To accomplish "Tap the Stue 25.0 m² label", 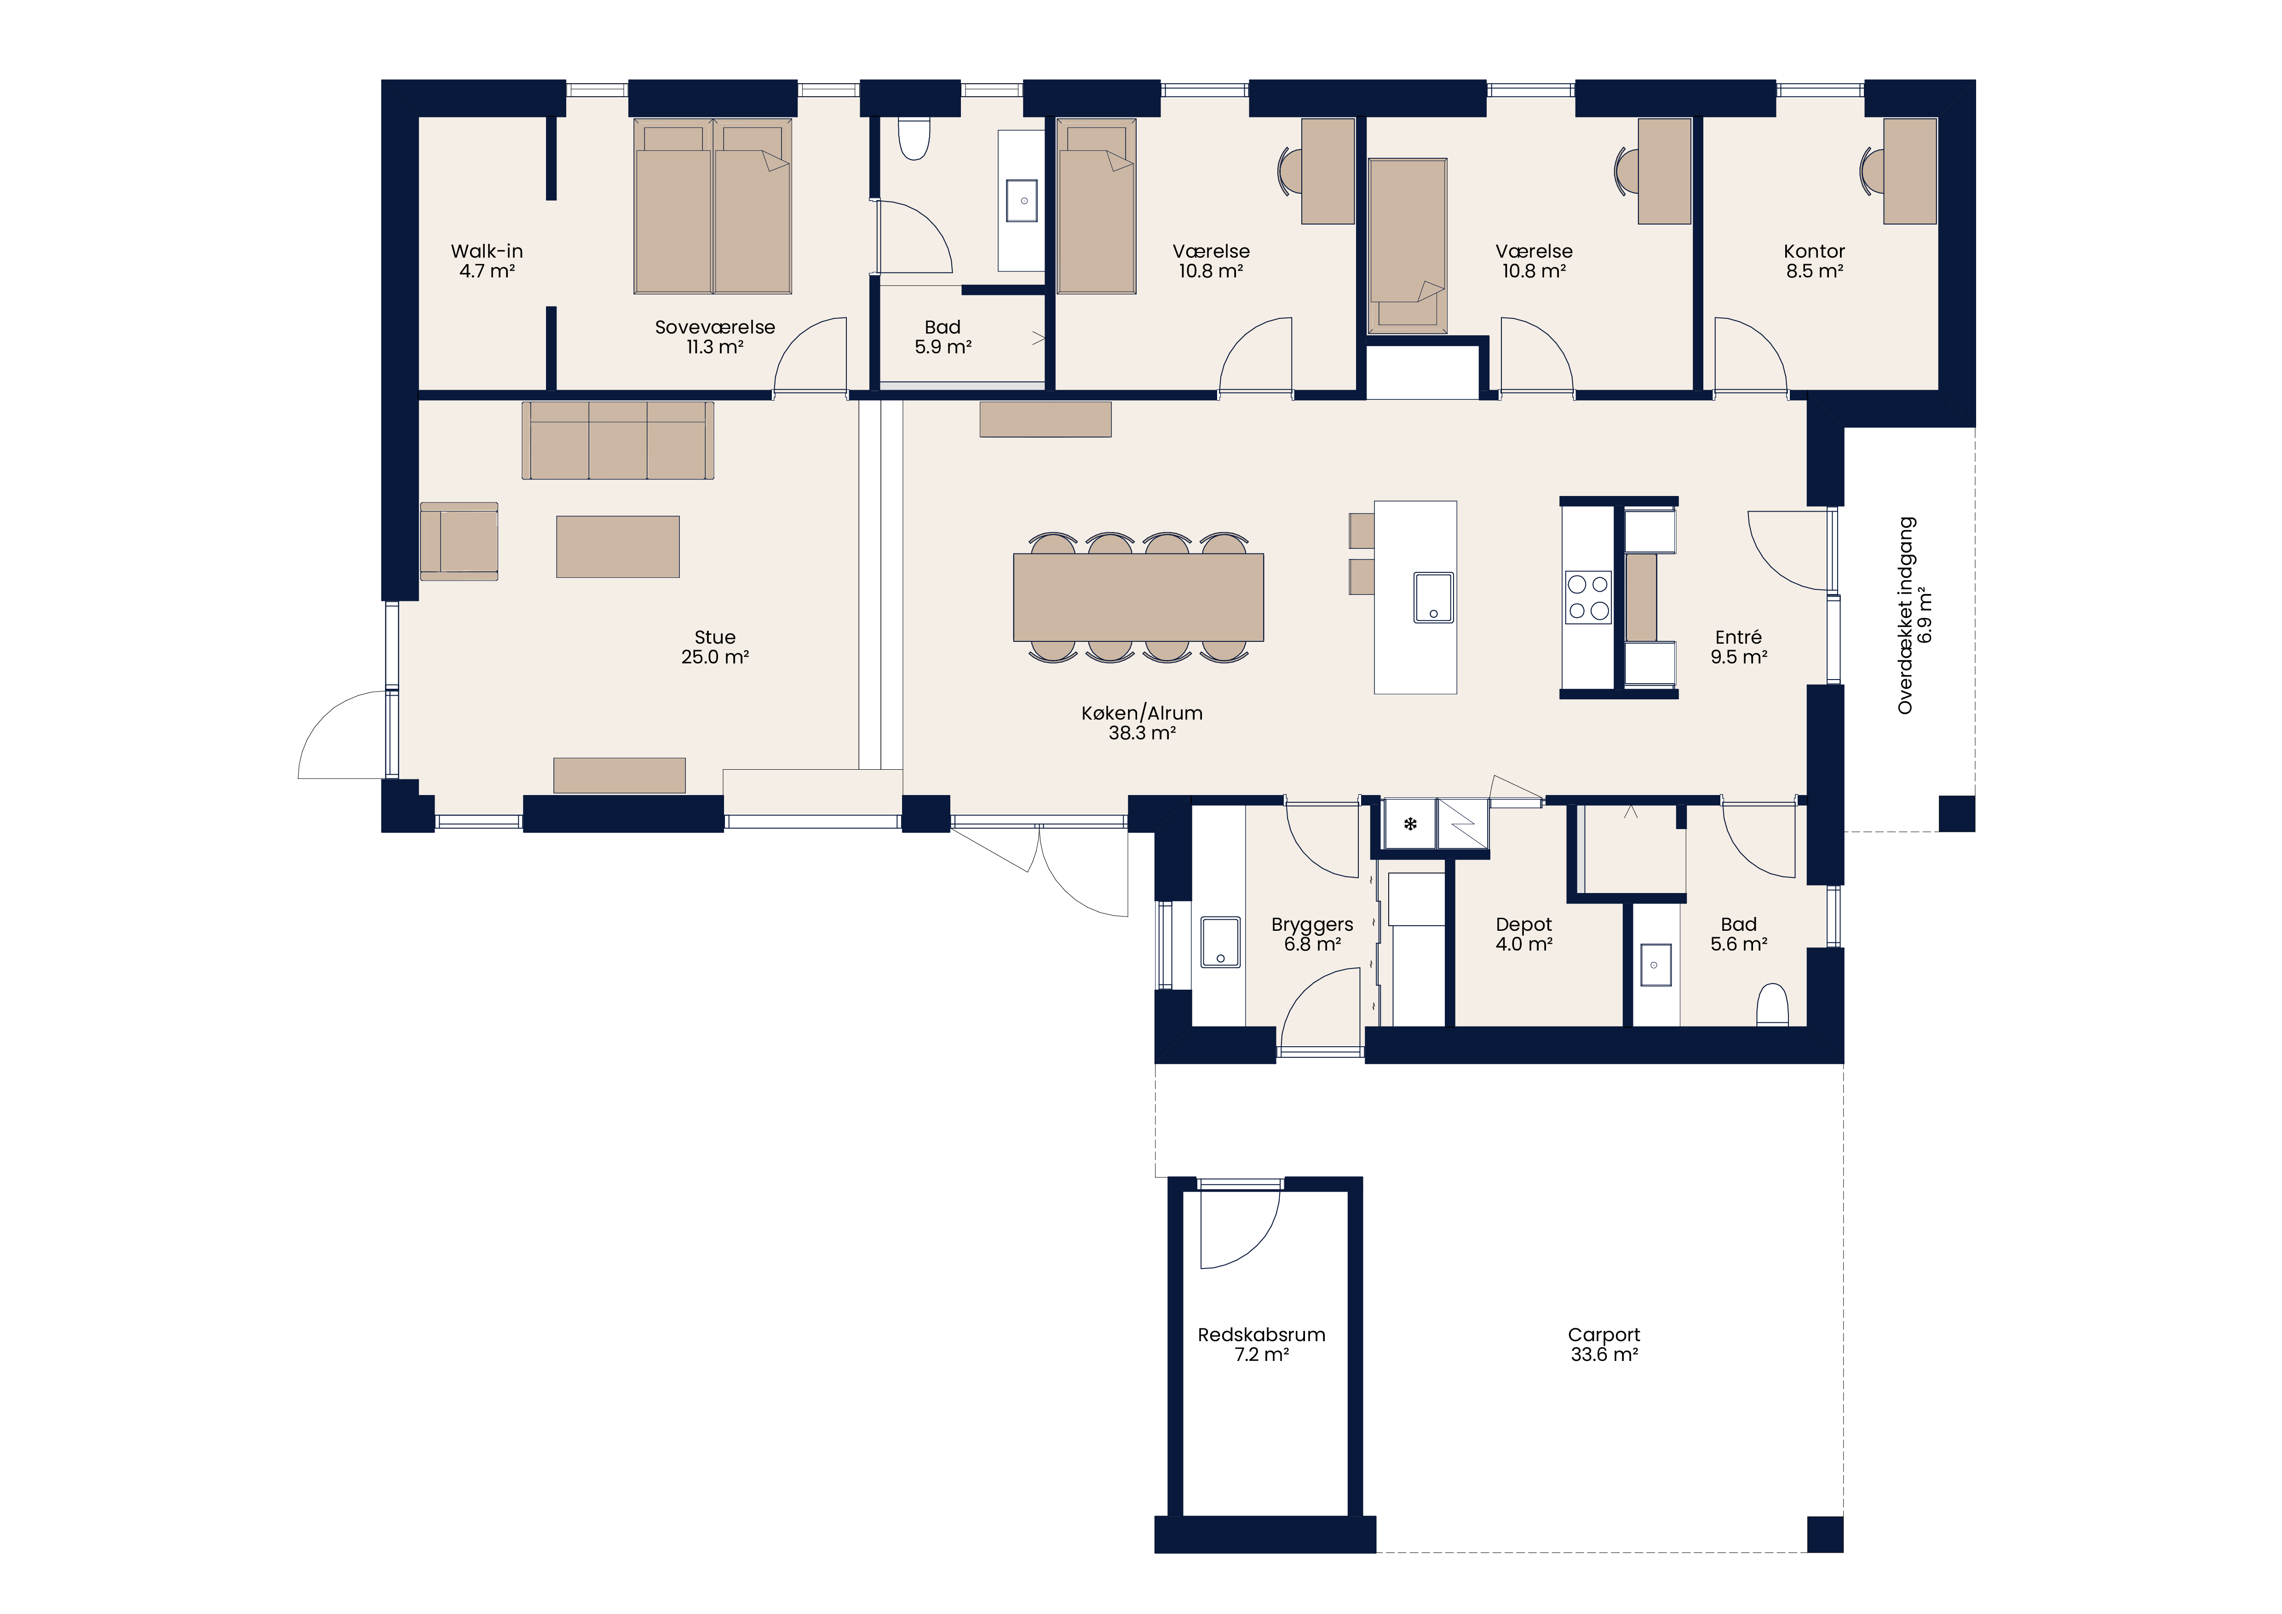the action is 715,647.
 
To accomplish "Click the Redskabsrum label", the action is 1261,1335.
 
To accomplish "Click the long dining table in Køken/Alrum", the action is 1138,597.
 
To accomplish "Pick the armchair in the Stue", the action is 459,541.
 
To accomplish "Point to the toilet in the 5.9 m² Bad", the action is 914,139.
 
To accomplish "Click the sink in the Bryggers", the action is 1220,942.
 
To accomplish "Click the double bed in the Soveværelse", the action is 713,207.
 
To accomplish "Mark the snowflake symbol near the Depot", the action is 1409,824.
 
